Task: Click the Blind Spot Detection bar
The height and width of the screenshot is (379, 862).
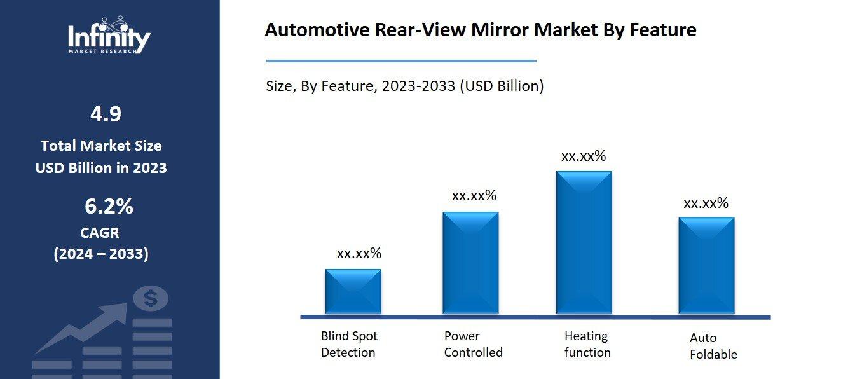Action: [353, 291]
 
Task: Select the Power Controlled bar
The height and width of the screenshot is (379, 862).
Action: [470, 263]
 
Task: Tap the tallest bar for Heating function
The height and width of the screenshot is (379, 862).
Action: [584, 242]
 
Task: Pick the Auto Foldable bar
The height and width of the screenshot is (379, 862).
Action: [706, 265]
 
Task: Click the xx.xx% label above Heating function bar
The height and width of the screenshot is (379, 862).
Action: [584, 156]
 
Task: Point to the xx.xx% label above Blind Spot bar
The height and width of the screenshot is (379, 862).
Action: [359, 254]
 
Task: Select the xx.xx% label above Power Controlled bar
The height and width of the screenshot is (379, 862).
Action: [474, 196]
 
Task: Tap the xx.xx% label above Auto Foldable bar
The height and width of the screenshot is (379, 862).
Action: [706, 203]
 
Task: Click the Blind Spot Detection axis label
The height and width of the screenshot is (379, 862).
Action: [348, 344]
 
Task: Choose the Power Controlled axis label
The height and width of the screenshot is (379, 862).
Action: [473, 344]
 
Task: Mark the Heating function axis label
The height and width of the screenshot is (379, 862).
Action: [587, 344]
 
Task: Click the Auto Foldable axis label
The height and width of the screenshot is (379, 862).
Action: [713, 346]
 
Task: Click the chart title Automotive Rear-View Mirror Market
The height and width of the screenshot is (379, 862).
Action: [480, 30]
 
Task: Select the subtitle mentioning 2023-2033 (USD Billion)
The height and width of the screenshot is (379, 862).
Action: [404, 86]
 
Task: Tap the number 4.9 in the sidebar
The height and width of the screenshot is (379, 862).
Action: [106, 114]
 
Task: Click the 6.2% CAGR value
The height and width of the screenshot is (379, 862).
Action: [108, 207]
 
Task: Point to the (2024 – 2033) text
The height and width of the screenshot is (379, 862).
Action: [101, 254]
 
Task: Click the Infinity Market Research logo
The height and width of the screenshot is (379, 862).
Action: [109, 36]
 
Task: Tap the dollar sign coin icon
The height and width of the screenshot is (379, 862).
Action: [151, 298]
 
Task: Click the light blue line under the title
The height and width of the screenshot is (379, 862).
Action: [400, 61]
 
